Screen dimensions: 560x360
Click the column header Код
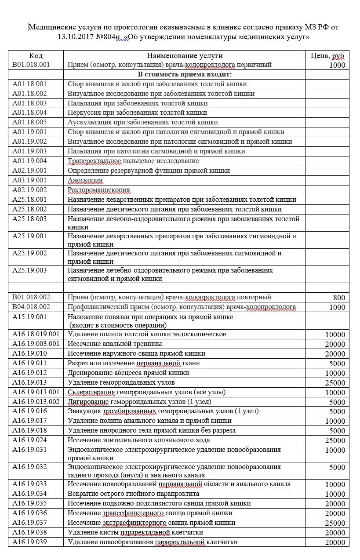pyautogui.click(x=36, y=55)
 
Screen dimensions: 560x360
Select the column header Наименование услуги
pyautogui.click(x=185, y=55)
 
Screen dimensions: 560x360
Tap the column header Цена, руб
pyautogui.click(x=327, y=55)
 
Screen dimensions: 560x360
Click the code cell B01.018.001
pyautogui.click(x=31, y=65)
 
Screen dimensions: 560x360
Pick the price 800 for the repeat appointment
pyautogui.click(x=339, y=298)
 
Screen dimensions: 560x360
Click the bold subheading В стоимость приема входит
pyautogui.click(x=185, y=74)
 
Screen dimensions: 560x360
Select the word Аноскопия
pyautogui.click(x=85, y=180)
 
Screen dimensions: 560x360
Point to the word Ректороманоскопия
pyautogui.click(x=99, y=190)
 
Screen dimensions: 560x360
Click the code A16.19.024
pyautogui.click(x=29, y=440)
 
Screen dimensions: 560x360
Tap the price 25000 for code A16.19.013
pyautogui.click(x=335, y=383)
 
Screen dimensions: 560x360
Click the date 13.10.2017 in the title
pyautogui.click(x=76, y=37)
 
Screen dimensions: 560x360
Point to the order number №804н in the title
pyautogui.click(x=109, y=37)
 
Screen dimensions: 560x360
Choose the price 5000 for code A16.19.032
pyautogui.click(x=337, y=468)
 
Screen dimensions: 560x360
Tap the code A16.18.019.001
pyautogui.click(x=36, y=334)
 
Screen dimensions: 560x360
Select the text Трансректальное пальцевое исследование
pyautogui.click(x=133, y=161)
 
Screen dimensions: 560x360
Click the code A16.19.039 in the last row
pyautogui.click(x=29, y=542)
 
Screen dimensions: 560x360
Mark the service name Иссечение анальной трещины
pyautogui.click(x=115, y=344)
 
